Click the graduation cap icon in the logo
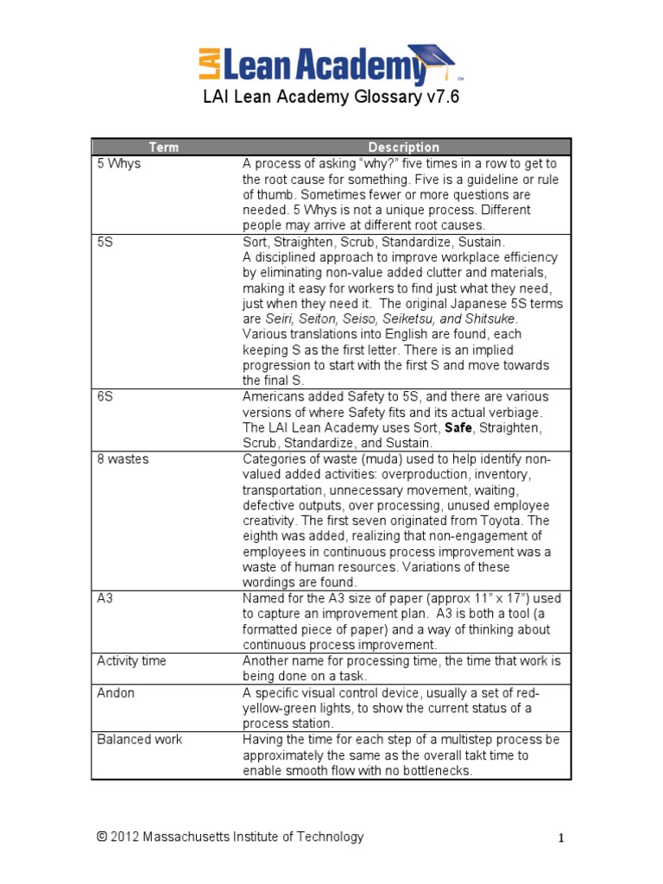pos(432,58)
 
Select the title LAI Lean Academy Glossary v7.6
pos(331,98)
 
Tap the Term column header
pos(164,147)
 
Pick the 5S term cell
pos(105,242)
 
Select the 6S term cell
pos(105,396)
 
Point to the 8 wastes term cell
pos(123,458)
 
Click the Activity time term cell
pos(132,660)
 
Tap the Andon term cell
pos(116,692)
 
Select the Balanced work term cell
pos(140,739)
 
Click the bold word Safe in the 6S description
pos(458,427)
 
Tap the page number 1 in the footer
pos(559,838)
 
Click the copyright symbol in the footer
pos(102,837)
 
